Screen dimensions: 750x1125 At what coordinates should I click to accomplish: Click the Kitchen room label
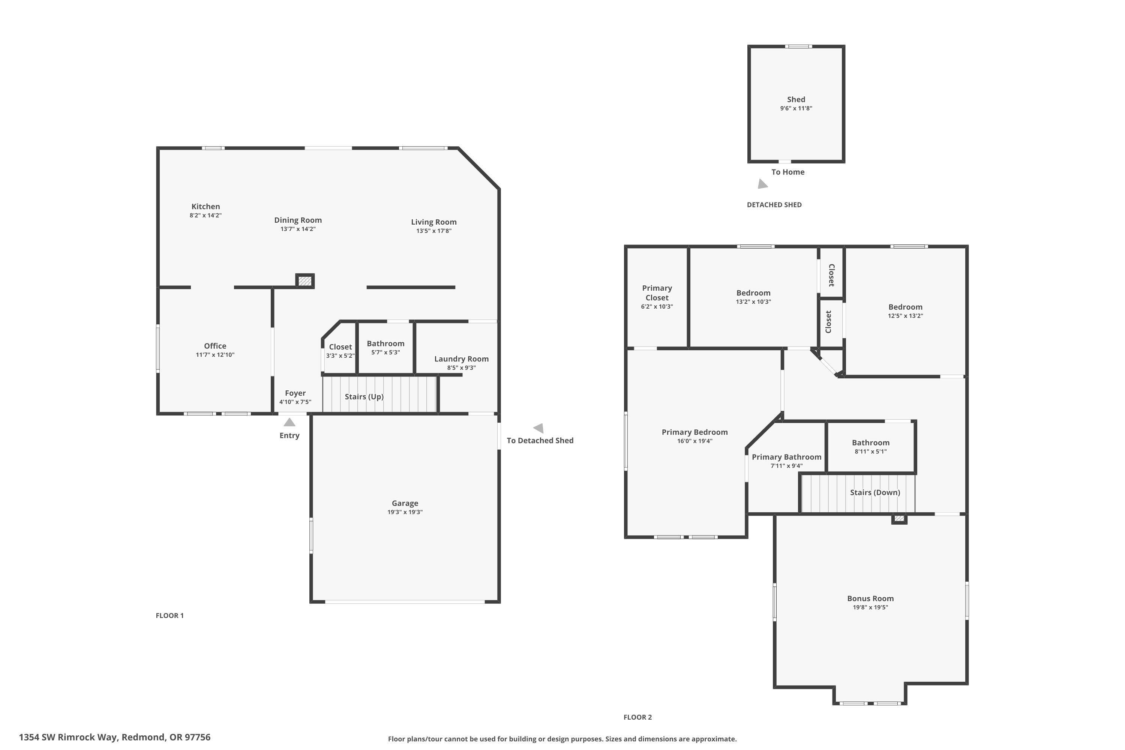click(x=205, y=207)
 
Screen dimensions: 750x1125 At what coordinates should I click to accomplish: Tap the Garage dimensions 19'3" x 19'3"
click(x=405, y=512)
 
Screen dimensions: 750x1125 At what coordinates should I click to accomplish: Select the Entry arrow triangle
click(x=289, y=422)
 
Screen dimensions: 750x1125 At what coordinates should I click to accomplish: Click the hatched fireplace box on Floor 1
click(x=304, y=281)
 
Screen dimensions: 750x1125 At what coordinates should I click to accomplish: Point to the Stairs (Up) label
click(x=364, y=396)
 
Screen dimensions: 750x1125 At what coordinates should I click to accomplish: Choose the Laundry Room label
click(x=461, y=359)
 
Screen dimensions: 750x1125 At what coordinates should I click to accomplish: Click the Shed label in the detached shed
click(x=796, y=99)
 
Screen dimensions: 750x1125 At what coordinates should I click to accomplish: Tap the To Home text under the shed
click(x=788, y=172)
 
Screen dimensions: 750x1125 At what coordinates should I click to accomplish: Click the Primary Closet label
click(x=657, y=293)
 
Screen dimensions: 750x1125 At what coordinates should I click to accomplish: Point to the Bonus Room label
click(x=870, y=598)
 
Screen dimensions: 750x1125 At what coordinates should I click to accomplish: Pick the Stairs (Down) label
click(x=875, y=492)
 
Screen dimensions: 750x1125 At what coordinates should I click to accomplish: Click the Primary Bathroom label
click(x=786, y=457)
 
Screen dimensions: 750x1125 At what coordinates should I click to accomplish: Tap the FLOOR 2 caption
click(x=637, y=717)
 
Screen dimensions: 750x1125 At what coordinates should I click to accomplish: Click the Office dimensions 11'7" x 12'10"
click(x=215, y=355)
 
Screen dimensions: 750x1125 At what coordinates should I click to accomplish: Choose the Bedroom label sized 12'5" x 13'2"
click(x=905, y=307)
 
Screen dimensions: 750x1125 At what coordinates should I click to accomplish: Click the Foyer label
click(x=295, y=393)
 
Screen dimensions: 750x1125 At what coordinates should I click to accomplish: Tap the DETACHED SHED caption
click(x=774, y=205)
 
